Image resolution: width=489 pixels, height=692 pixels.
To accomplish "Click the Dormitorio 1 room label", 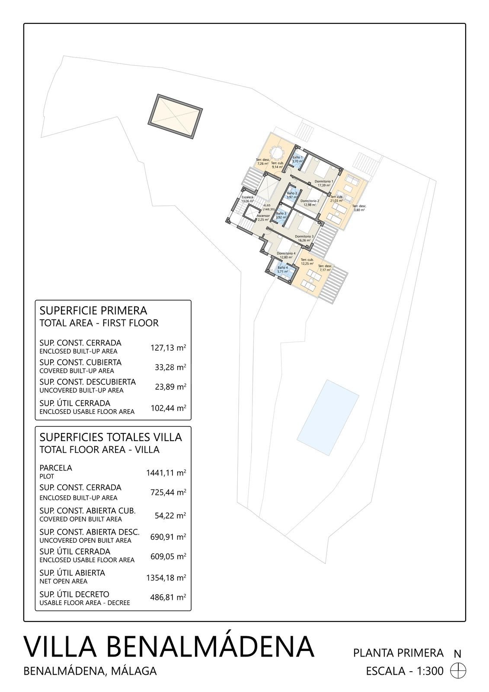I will (x=323, y=183).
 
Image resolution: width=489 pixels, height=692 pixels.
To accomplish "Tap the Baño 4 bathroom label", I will (x=282, y=269).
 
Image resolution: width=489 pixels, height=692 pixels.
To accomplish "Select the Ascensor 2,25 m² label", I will (x=263, y=218).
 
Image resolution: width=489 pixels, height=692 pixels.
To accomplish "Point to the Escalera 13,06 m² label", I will (x=247, y=199).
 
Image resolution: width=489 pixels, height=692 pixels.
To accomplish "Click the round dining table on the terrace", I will (x=275, y=153).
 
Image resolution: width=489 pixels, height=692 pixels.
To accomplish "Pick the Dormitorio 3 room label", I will (x=304, y=238).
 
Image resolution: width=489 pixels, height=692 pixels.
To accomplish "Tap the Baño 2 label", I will (x=292, y=195).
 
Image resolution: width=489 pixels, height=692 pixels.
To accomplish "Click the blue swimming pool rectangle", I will (x=328, y=417).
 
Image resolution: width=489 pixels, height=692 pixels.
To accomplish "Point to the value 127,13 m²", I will (x=168, y=347).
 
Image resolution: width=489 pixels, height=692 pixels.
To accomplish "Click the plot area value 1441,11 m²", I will (x=166, y=473).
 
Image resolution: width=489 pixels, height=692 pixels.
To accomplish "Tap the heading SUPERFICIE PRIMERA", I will (x=93, y=310).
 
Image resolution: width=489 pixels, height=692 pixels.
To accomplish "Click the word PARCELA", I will (x=56, y=468).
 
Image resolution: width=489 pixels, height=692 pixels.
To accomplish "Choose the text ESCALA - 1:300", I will (x=404, y=671).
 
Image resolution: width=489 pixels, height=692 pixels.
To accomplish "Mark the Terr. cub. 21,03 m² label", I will (x=336, y=199).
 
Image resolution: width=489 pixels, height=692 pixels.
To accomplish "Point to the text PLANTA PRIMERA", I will (x=398, y=653).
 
